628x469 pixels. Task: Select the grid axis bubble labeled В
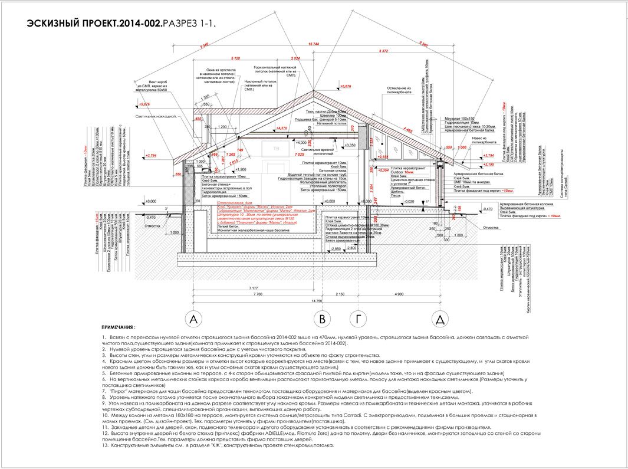tap(322, 320)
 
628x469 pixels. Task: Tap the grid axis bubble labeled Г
tap(357, 320)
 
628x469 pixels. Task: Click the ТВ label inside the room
tap(278, 149)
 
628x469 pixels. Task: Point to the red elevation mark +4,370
tap(281, 128)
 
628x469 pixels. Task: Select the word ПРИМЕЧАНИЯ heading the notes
tap(117, 326)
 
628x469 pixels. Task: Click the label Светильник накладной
tap(156, 117)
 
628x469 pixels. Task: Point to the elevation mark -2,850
tap(336, 249)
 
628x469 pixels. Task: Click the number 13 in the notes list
tap(104, 445)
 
